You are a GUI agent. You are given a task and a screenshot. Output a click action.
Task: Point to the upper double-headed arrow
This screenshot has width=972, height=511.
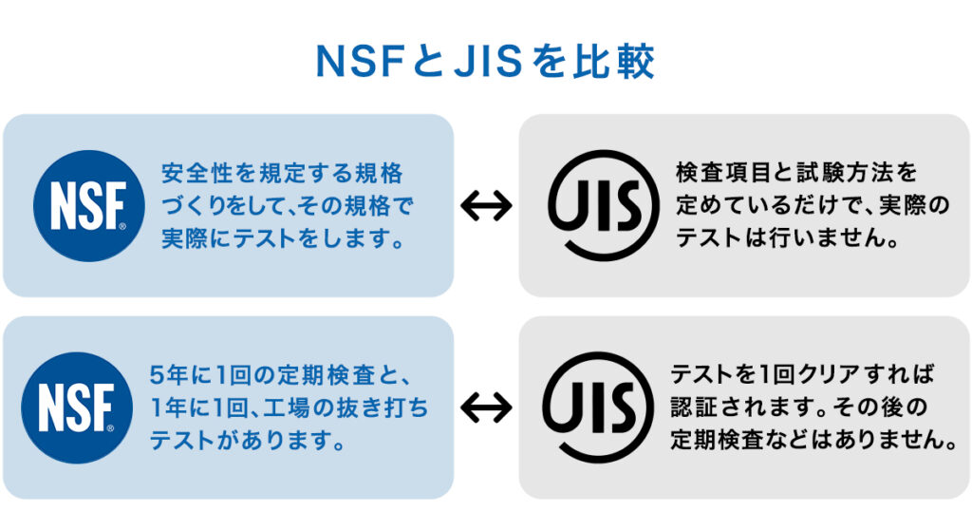(x=486, y=205)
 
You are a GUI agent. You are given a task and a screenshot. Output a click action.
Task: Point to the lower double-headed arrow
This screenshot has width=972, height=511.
(x=486, y=407)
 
